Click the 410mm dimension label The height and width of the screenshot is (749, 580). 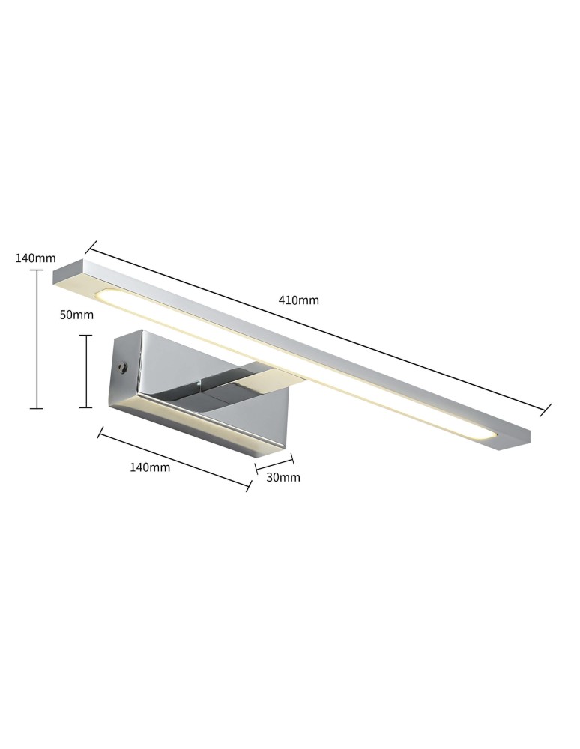298,300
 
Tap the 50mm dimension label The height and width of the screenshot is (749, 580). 76,315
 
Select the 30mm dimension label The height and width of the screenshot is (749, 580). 283,477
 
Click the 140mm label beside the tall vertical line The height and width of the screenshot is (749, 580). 35,258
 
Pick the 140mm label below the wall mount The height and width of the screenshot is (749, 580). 150,467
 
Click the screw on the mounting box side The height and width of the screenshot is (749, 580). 122,367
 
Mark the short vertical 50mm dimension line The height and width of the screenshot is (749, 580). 86,371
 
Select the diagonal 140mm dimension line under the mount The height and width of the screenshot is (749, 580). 174,459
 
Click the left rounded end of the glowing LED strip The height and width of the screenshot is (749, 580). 104,294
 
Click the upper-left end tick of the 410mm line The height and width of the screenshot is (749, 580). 91,246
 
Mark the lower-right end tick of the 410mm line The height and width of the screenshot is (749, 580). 546,409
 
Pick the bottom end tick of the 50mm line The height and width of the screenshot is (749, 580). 86,407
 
